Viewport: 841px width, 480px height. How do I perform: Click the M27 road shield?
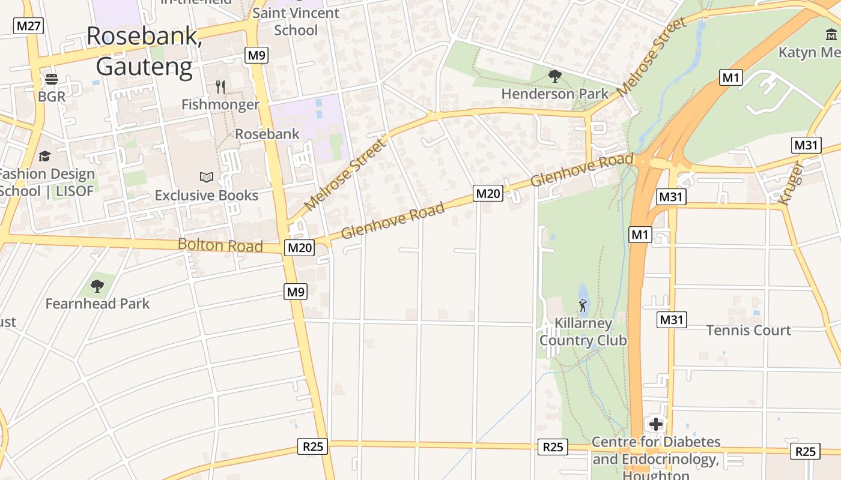pos(28,26)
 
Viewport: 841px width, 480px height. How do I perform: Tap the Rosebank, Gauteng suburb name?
pos(144,51)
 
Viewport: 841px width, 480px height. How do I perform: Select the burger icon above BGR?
pos(51,79)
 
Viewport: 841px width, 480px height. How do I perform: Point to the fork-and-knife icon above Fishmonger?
pos(220,87)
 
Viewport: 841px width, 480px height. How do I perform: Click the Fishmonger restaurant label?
pos(220,104)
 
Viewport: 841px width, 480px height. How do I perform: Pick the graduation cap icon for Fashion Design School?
pos(44,157)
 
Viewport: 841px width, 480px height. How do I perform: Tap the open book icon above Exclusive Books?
pos(207,177)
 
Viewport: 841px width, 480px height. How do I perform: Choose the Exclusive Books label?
pos(207,196)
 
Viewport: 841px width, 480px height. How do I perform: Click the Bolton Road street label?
pos(220,245)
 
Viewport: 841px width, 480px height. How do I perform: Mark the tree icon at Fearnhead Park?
pos(97,286)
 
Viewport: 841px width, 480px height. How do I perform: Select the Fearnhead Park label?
pos(97,304)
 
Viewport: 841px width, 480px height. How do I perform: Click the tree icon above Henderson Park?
pos(555,76)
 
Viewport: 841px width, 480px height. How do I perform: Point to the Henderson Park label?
pos(555,94)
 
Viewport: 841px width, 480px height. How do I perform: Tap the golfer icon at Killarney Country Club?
pos(582,306)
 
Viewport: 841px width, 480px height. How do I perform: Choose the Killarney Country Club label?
pos(583,332)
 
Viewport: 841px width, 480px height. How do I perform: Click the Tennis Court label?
pos(748,330)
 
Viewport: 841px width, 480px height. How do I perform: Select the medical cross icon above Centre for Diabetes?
pos(656,424)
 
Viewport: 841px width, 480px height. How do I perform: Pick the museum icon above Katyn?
pos(831,35)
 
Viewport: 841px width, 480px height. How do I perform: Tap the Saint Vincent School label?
pos(296,22)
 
